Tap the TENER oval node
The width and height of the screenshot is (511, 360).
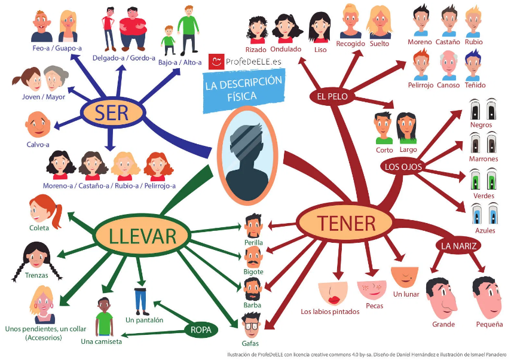(347, 224)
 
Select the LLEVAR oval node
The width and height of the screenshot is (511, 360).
(142, 236)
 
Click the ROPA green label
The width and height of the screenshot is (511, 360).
(201, 330)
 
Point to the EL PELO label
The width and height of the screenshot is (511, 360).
(332, 96)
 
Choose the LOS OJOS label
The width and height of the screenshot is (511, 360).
(403, 167)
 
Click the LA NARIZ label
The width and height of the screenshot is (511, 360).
(458, 246)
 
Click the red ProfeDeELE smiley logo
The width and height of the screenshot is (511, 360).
(216, 62)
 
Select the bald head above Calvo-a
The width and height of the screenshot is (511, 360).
(38, 124)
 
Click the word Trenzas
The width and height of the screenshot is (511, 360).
(36, 275)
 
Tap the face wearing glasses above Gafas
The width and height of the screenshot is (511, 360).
(251, 325)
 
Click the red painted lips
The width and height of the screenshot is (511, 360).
(333, 299)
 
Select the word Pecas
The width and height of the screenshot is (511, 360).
(375, 306)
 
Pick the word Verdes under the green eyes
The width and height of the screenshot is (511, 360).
(484, 196)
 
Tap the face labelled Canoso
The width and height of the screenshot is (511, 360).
(448, 65)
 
